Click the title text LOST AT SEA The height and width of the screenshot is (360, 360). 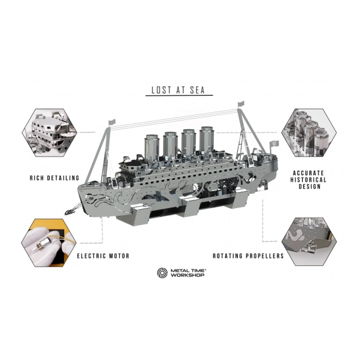pyautogui.click(x=178, y=90)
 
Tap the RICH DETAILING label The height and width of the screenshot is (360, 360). pyautogui.click(x=55, y=178)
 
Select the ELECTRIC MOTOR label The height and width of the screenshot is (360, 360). pyautogui.click(x=103, y=256)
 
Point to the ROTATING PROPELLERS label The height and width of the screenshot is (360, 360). pyautogui.click(x=248, y=256)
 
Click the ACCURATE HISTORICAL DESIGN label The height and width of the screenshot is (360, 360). pyautogui.click(x=309, y=180)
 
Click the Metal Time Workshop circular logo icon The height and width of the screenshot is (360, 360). pyautogui.click(x=162, y=273)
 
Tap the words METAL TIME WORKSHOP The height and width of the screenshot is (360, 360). pyautogui.click(x=188, y=273)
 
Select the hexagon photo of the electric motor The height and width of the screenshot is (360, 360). pyautogui.click(x=49, y=243)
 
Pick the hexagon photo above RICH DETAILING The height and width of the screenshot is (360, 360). pyautogui.click(x=49, y=133)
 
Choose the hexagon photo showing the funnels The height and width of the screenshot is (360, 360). pyautogui.click(x=309, y=133)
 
